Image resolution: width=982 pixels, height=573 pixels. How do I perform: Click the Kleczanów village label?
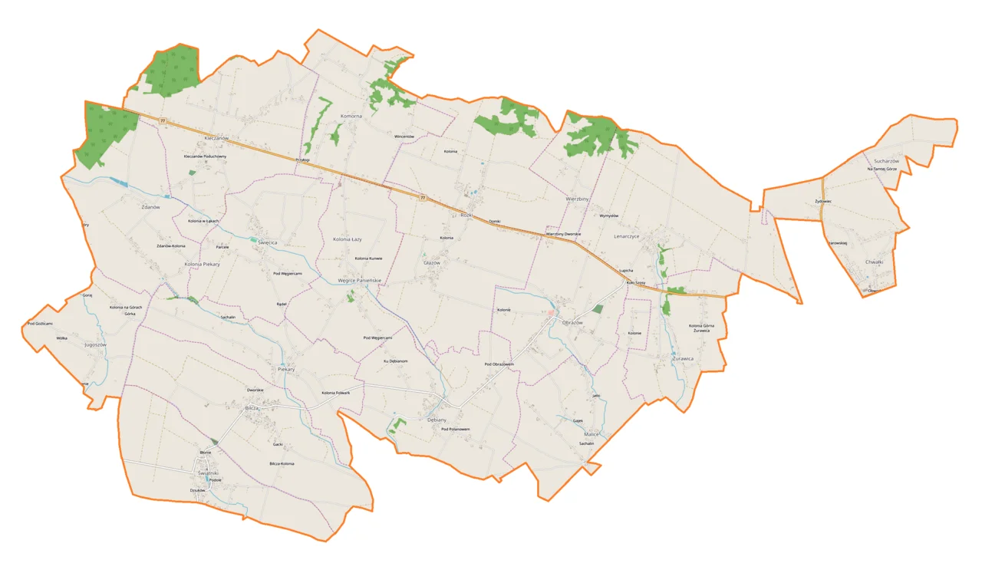click(216, 137)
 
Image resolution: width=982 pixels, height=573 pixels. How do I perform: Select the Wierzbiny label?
click(577, 198)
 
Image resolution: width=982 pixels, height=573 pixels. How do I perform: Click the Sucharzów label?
click(885, 161)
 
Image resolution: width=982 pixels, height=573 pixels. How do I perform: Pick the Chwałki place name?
click(875, 262)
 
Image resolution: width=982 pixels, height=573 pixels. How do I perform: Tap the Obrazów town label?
click(572, 323)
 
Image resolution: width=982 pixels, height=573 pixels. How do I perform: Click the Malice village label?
click(589, 434)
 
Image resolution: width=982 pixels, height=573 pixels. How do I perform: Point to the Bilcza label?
click(252, 409)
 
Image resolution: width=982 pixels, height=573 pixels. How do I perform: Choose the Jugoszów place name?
click(95, 345)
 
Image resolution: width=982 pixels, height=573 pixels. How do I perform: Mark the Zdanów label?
click(150, 207)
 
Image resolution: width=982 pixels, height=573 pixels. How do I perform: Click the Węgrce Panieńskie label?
click(360, 281)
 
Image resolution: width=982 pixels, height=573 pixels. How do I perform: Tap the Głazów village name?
click(432, 262)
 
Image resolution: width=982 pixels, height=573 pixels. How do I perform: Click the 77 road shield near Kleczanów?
click(163, 120)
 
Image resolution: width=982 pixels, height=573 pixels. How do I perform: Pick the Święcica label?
click(267, 242)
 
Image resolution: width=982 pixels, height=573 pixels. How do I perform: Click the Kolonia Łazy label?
click(347, 239)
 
